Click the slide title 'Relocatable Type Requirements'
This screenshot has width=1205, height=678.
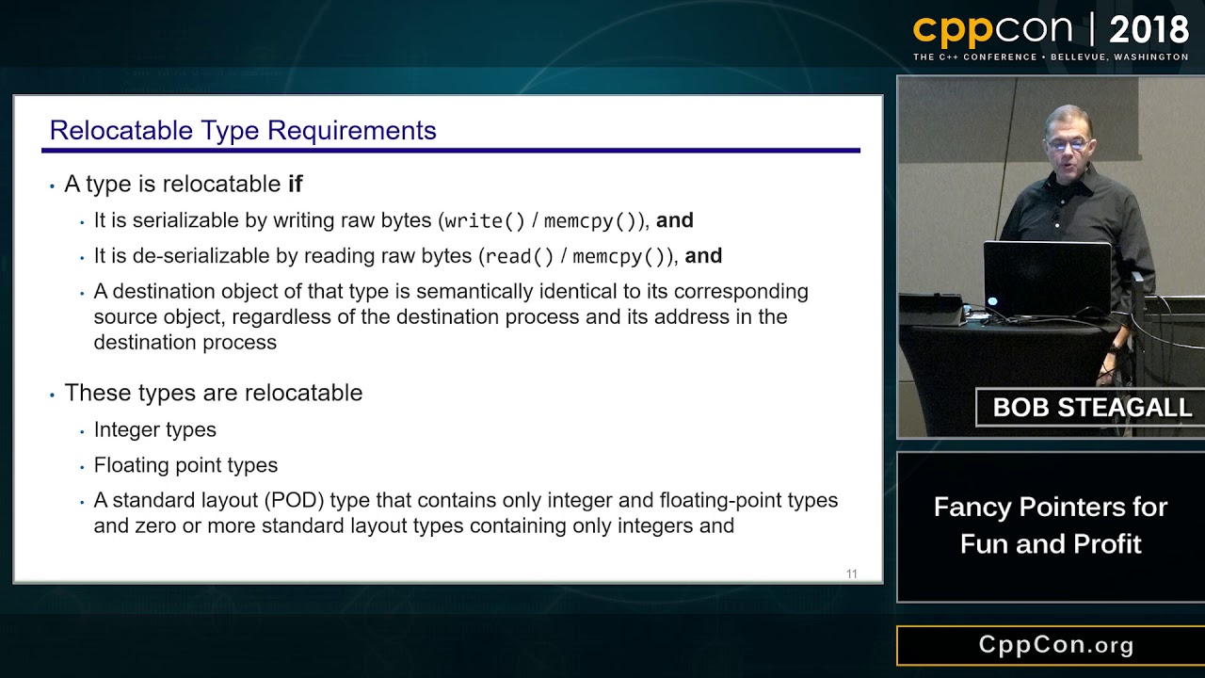243,130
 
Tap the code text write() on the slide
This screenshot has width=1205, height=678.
484,221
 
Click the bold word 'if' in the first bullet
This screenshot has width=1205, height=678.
295,184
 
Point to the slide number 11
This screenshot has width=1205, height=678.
851,573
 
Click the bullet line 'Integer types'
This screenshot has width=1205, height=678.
154,429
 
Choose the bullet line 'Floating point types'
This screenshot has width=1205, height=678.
185,465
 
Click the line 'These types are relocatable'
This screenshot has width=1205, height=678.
213,393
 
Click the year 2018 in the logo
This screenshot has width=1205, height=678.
1149,30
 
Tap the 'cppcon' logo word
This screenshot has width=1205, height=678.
992,30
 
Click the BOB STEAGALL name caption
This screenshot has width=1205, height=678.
1092,407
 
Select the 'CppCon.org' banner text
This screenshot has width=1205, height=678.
1056,645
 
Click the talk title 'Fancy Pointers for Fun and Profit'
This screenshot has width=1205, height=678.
1051,525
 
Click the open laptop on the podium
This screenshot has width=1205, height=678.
1047,279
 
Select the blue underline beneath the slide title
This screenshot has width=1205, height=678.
450,150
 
